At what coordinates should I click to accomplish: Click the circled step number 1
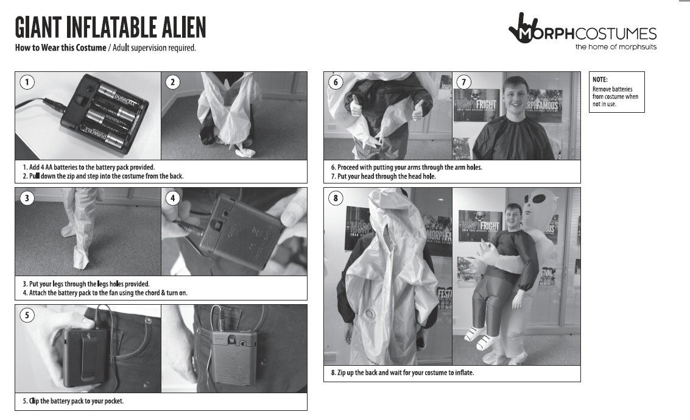click(x=27, y=82)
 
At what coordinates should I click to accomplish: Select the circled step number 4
click(x=172, y=198)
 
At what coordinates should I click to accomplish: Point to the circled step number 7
click(x=464, y=82)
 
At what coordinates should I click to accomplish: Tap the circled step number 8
click(x=336, y=198)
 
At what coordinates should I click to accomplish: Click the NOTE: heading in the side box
click(x=600, y=80)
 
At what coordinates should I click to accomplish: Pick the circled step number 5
click(x=27, y=315)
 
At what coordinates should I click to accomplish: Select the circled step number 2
click(x=172, y=82)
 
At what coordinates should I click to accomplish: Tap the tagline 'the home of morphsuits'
click(x=616, y=47)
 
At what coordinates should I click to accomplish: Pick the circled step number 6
click(x=336, y=82)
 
